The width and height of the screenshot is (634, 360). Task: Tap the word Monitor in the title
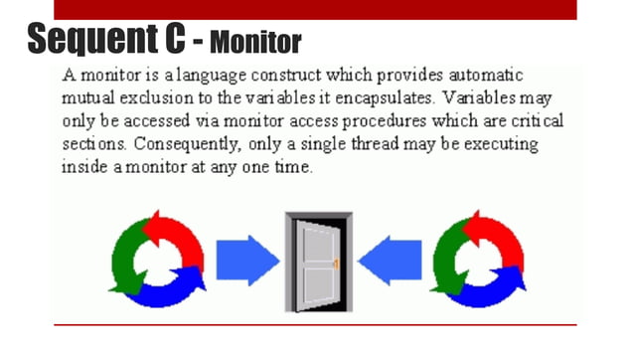tap(255, 43)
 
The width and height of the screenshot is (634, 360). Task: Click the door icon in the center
tap(318, 262)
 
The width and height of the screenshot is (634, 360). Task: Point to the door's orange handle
tap(336, 264)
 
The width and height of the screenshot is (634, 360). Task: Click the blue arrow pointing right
tap(247, 261)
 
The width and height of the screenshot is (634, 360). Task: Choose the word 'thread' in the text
tap(381, 144)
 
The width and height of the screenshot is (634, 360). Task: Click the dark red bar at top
tap(315, 9)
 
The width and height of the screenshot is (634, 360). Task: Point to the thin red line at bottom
tap(315, 325)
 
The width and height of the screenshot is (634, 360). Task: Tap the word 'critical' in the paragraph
tap(531, 121)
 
